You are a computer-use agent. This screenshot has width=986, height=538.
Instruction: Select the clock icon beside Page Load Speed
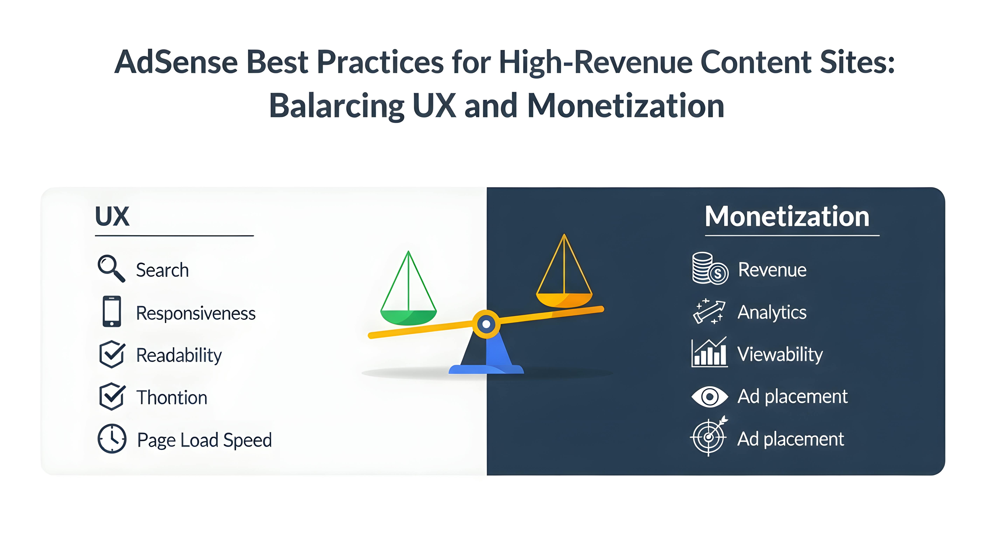click(112, 439)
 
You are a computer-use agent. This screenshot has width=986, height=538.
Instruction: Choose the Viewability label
click(780, 354)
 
